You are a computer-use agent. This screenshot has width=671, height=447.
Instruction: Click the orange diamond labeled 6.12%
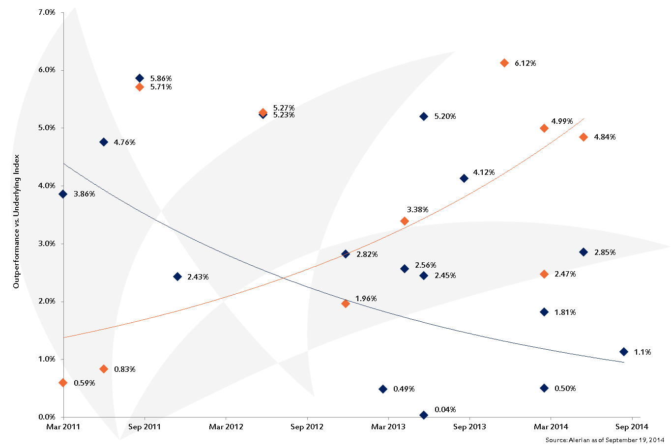click(x=504, y=63)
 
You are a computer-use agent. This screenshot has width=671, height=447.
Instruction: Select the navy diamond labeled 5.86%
click(x=140, y=78)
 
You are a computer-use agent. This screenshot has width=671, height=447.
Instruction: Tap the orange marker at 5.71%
click(x=140, y=87)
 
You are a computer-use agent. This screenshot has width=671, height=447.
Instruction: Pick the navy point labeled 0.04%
click(x=424, y=415)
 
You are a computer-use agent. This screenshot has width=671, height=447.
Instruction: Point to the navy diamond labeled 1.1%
click(x=624, y=352)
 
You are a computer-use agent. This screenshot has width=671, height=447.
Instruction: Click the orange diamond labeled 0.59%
click(x=63, y=383)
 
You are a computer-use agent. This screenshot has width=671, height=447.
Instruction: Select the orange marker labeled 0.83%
click(x=104, y=369)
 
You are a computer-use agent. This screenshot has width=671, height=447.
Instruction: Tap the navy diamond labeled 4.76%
click(x=104, y=142)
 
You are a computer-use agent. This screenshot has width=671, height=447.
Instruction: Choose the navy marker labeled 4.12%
click(x=464, y=178)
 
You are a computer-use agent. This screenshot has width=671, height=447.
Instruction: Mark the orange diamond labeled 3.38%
click(x=405, y=221)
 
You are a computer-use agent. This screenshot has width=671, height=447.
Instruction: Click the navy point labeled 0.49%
click(x=383, y=389)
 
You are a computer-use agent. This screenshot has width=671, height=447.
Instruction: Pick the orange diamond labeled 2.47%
click(x=544, y=274)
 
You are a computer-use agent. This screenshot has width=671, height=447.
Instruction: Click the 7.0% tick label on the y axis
click(x=47, y=12)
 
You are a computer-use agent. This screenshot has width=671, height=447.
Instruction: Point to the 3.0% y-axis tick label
click(x=47, y=244)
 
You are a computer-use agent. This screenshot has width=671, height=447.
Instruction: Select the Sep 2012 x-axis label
click(x=307, y=427)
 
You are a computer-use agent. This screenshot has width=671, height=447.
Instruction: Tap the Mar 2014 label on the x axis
click(x=551, y=427)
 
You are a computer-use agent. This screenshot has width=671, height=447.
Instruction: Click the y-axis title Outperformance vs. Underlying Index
click(x=16, y=221)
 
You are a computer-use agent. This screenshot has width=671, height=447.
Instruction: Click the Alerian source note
click(x=605, y=440)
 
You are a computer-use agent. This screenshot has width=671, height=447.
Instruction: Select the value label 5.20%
click(x=445, y=116)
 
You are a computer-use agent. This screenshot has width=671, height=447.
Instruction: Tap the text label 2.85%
click(x=605, y=252)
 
